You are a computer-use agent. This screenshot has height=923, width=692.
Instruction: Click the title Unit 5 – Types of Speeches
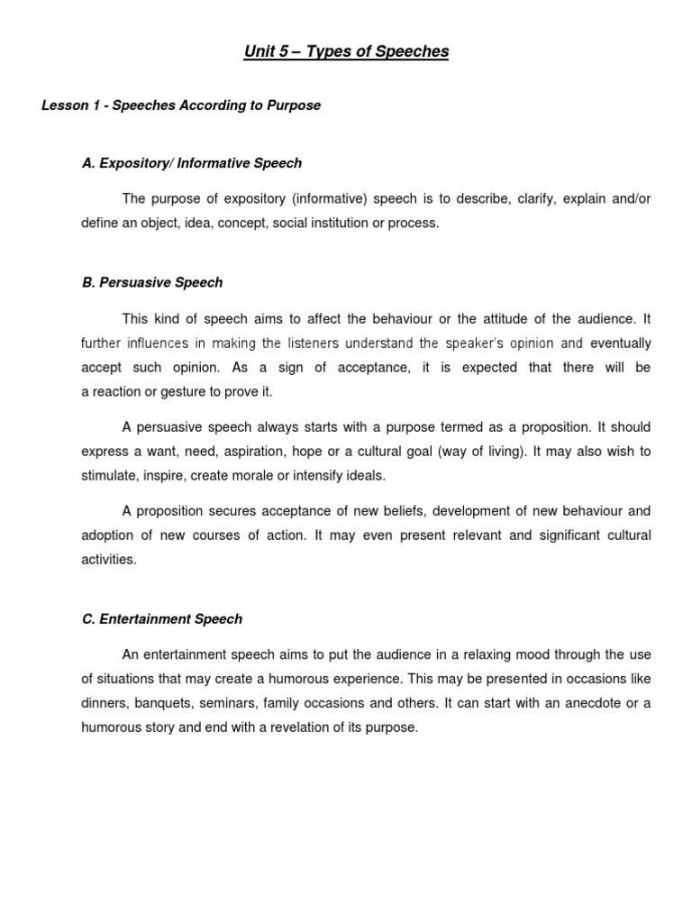pos(346,51)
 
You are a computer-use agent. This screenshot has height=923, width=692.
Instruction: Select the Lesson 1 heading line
pos(181,105)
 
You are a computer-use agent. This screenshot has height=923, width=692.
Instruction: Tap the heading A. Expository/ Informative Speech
pos(192,163)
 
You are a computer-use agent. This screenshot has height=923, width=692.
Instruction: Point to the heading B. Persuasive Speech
pos(152,282)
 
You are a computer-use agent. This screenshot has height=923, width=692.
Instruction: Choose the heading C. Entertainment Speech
pos(162,619)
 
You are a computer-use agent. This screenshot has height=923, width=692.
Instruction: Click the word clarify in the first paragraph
pos(537,198)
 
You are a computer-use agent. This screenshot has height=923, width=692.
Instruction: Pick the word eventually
pos(620,343)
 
